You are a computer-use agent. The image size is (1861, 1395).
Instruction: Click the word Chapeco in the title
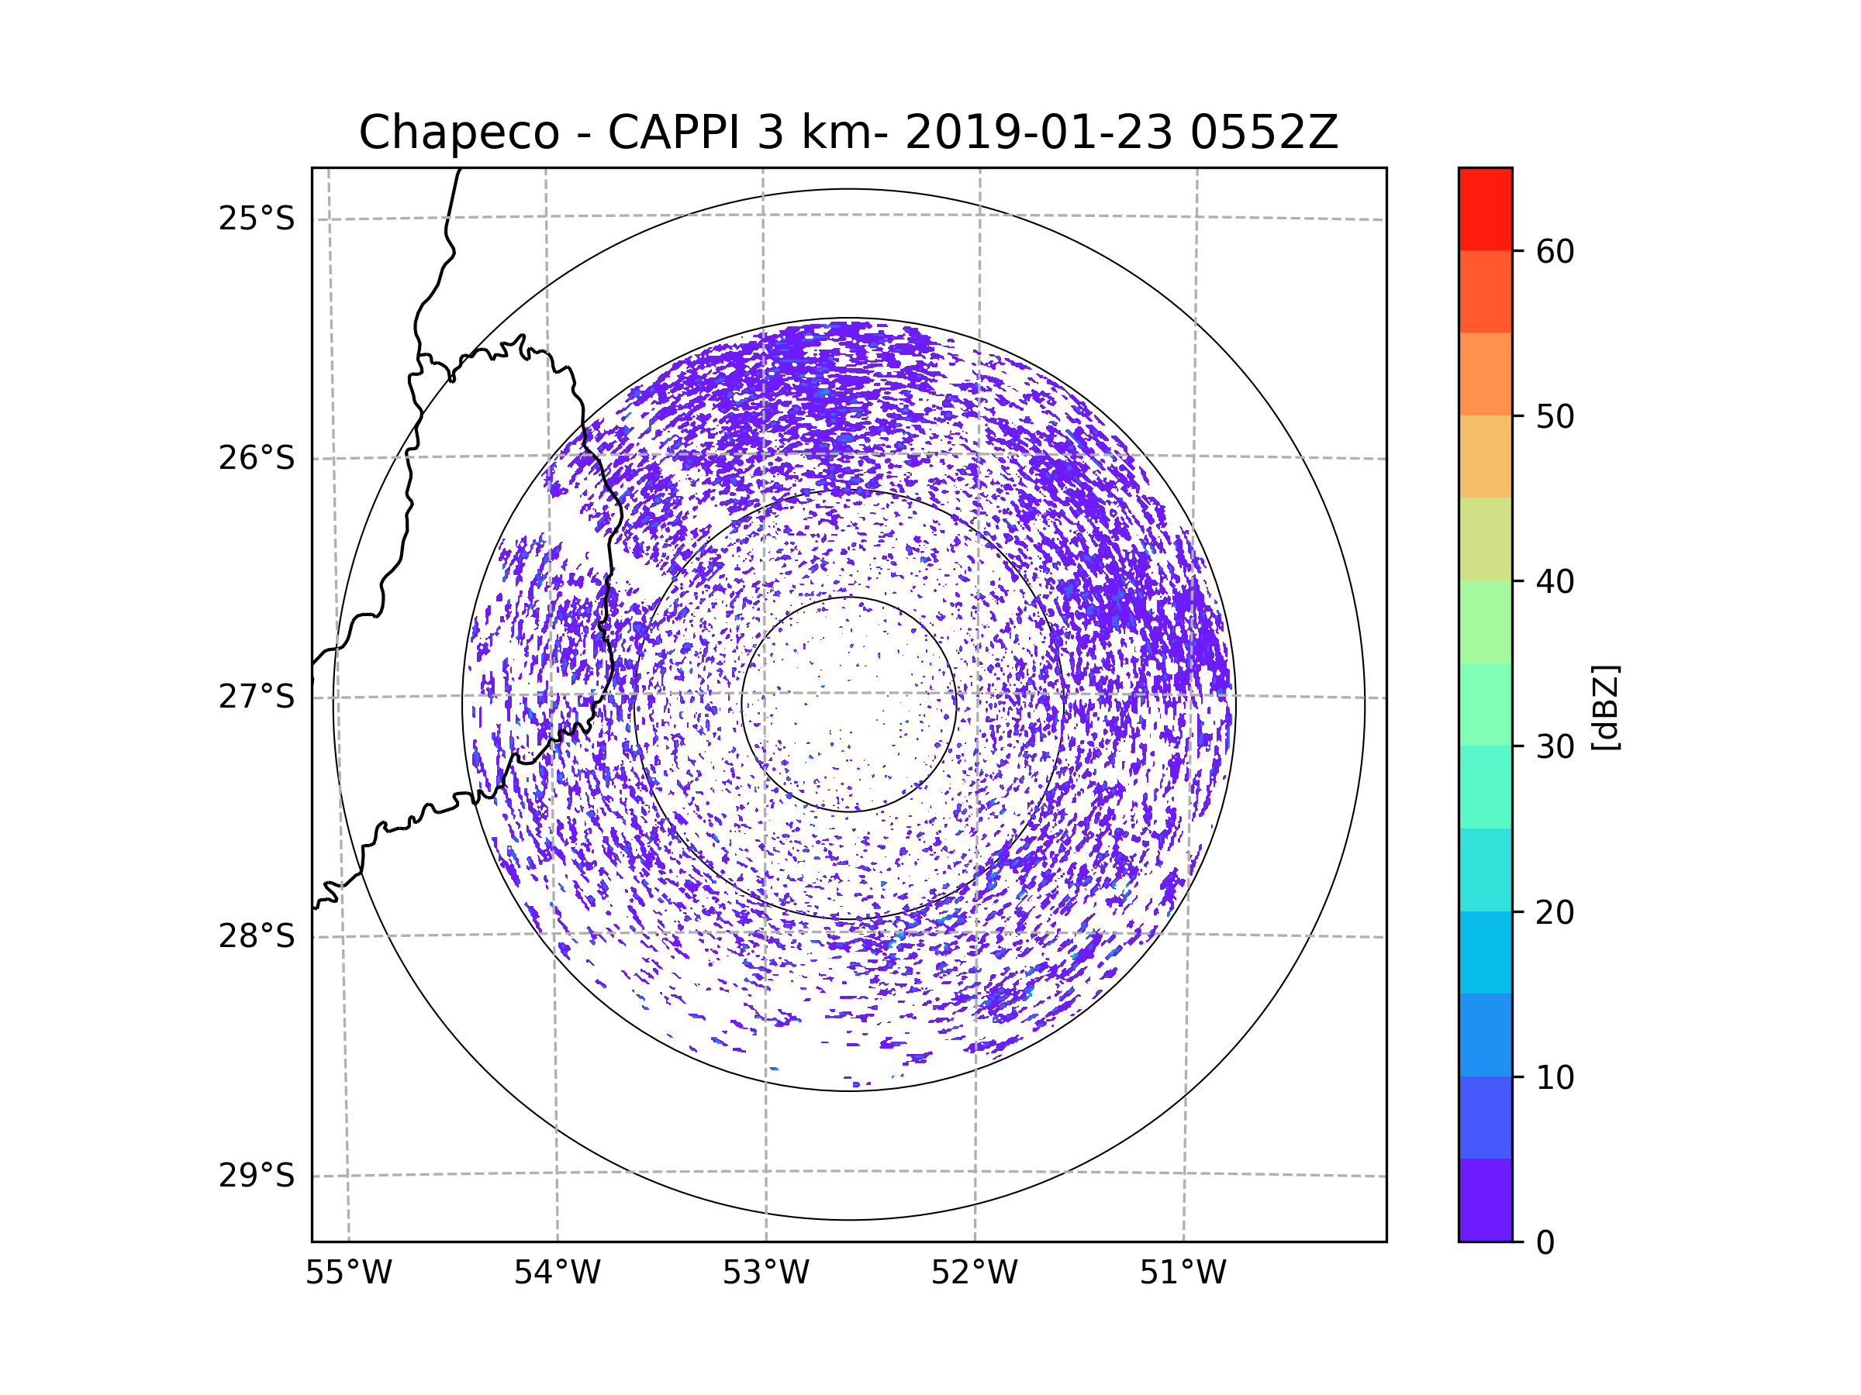(x=458, y=133)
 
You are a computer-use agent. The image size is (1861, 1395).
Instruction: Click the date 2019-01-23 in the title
(x=1038, y=133)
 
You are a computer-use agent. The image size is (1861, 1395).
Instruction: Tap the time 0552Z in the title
(x=1264, y=133)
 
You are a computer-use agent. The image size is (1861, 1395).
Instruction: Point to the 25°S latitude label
(x=257, y=219)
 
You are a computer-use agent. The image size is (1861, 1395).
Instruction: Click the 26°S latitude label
(x=257, y=458)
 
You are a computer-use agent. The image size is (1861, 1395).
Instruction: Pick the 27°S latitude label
(x=257, y=697)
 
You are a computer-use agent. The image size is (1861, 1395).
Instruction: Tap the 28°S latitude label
(x=257, y=936)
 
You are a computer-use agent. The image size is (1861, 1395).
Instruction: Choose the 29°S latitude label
(x=257, y=1176)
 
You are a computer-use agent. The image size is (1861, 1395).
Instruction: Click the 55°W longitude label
(x=348, y=1273)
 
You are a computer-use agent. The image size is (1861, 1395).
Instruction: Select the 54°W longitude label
(x=557, y=1273)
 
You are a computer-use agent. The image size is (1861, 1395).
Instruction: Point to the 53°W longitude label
(x=765, y=1273)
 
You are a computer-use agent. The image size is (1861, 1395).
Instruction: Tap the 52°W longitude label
(x=974, y=1273)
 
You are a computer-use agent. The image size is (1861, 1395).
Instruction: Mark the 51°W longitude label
(x=1183, y=1273)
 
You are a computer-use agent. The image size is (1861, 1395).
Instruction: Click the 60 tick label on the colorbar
(x=1555, y=251)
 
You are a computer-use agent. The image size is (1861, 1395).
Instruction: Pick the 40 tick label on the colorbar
(x=1555, y=582)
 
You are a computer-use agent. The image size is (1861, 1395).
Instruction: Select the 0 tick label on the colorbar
(x=1545, y=1243)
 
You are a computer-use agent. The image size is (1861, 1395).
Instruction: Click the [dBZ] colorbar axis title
(x=1605, y=707)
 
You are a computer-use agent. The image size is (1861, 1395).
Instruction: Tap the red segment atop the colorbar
(x=1485, y=208)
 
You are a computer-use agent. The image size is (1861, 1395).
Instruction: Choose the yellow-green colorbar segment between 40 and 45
(x=1485, y=539)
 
